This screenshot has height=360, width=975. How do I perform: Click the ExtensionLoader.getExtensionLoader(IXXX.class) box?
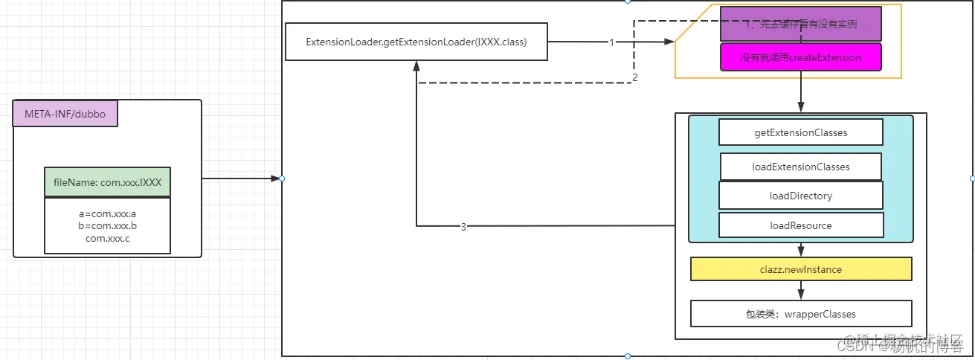pos(416,42)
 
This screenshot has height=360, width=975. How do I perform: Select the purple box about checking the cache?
pos(800,24)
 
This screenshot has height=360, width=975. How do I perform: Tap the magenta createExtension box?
pos(800,57)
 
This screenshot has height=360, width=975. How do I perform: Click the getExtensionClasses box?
pos(800,132)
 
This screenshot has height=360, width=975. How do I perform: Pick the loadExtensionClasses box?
pos(800,167)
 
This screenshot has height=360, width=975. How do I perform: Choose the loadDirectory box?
pos(800,196)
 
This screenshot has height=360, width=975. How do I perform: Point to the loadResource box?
pos(800,225)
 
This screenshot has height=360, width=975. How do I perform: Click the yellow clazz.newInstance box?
pos(800,269)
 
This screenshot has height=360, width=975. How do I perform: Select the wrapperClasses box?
pos(800,314)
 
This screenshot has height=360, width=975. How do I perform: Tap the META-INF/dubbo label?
pos(65,114)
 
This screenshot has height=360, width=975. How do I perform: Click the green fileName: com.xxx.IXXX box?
pos(107,181)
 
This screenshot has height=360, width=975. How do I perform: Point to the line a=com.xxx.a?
pos(107,214)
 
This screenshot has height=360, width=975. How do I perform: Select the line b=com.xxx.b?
pos(107,226)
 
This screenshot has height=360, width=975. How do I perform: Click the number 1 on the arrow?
pos(611,42)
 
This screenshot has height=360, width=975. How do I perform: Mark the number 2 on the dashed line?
pos(634,77)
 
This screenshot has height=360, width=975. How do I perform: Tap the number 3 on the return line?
pos(463,227)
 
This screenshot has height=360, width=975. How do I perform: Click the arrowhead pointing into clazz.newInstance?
pos(800,254)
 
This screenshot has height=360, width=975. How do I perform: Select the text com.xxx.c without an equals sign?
pos(107,238)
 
